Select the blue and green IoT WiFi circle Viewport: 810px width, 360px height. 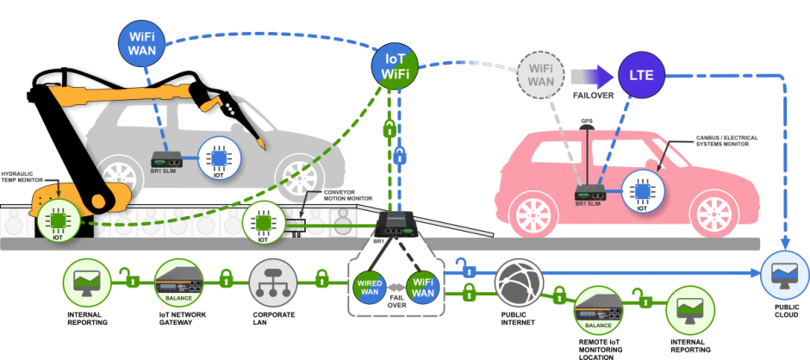(395, 67)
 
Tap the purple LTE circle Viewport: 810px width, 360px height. (641, 76)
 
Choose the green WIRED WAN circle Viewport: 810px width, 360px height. (371, 287)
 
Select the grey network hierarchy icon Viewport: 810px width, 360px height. (273, 281)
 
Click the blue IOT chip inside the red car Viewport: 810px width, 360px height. (641, 192)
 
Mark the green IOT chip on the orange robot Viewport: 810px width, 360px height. (59, 221)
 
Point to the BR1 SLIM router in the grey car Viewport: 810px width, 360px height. (166, 160)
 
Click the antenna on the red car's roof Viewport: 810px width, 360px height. (587, 129)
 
